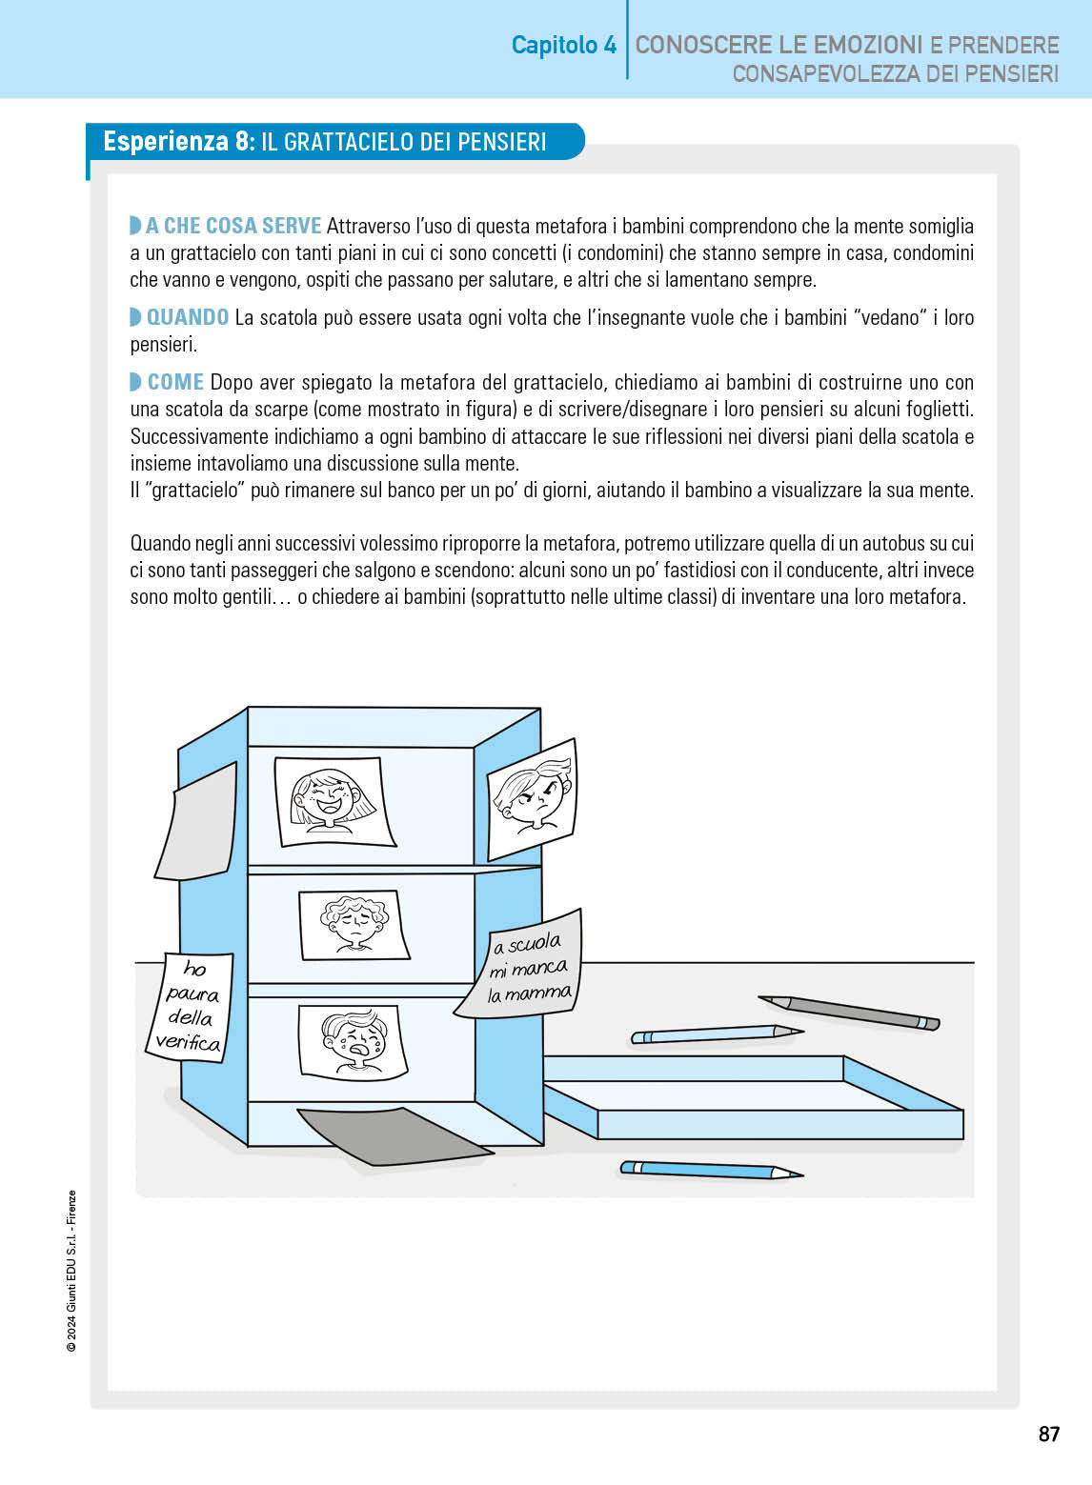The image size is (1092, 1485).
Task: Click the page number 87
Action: (x=1048, y=1434)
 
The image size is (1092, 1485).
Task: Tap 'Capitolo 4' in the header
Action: (x=564, y=45)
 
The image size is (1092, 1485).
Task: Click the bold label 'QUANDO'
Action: (x=188, y=317)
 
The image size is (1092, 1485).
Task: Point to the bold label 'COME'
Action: (x=176, y=382)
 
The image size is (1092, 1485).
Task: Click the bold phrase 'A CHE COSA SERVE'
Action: (x=233, y=226)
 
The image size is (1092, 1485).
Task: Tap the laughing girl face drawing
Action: (x=334, y=801)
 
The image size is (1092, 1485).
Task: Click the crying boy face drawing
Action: (x=353, y=1041)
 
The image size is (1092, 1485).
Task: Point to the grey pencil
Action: (x=849, y=1012)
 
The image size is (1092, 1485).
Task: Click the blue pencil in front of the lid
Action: (x=711, y=1169)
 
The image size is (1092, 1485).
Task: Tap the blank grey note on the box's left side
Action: (x=198, y=822)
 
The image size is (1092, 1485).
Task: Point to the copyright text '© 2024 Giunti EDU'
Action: (x=71, y=1272)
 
